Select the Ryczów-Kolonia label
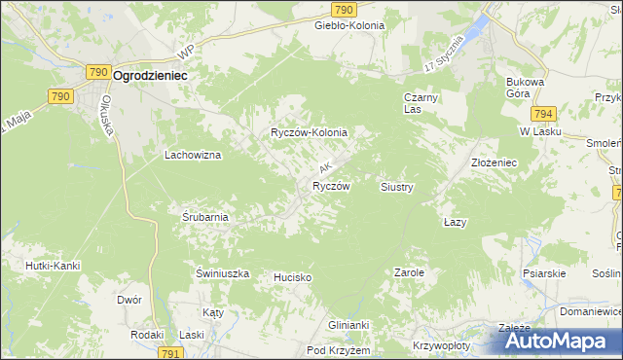point(309,131)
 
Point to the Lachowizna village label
point(193,155)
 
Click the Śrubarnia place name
point(204,217)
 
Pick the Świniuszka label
point(223,274)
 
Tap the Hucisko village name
point(292,277)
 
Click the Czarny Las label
point(422,103)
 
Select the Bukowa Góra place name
point(523,89)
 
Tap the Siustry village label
point(397,186)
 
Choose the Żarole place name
point(409,273)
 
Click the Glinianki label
point(349,326)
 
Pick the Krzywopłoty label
point(435,345)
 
